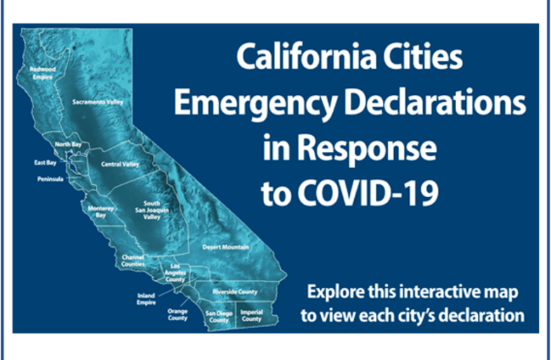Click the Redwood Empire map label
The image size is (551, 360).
click(42, 72)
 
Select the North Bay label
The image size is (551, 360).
click(68, 145)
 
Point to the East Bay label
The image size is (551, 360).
click(45, 163)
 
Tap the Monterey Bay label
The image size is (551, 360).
click(102, 211)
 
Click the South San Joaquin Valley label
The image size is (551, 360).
click(151, 209)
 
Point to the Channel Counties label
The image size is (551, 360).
click(133, 260)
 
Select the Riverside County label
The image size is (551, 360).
click(235, 292)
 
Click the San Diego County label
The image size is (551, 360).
click(218, 316)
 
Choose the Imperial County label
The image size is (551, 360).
click(251, 316)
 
